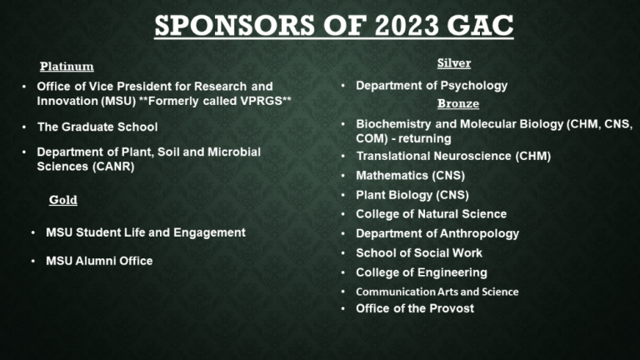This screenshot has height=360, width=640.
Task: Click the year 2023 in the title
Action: [x=406, y=25]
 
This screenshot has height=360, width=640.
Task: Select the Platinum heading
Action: [x=67, y=66]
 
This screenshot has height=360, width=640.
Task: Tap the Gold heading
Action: [x=62, y=200]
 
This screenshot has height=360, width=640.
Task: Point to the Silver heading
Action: [x=454, y=62]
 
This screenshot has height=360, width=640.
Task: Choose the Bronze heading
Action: [x=458, y=103]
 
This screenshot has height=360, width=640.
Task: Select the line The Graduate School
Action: [x=97, y=127]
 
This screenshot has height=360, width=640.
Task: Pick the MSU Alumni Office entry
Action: [x=99, y=261]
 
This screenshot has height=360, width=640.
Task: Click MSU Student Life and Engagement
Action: [x=146, y=232]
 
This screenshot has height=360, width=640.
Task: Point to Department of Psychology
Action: [x=432, y=86]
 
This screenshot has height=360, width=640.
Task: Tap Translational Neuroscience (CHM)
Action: [x=453, y=156]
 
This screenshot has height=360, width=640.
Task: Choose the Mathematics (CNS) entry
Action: [x=410, y=176]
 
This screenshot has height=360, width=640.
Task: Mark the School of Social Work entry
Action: [x=419, y=253]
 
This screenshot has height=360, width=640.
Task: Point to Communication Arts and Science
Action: [x=437, y=292]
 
